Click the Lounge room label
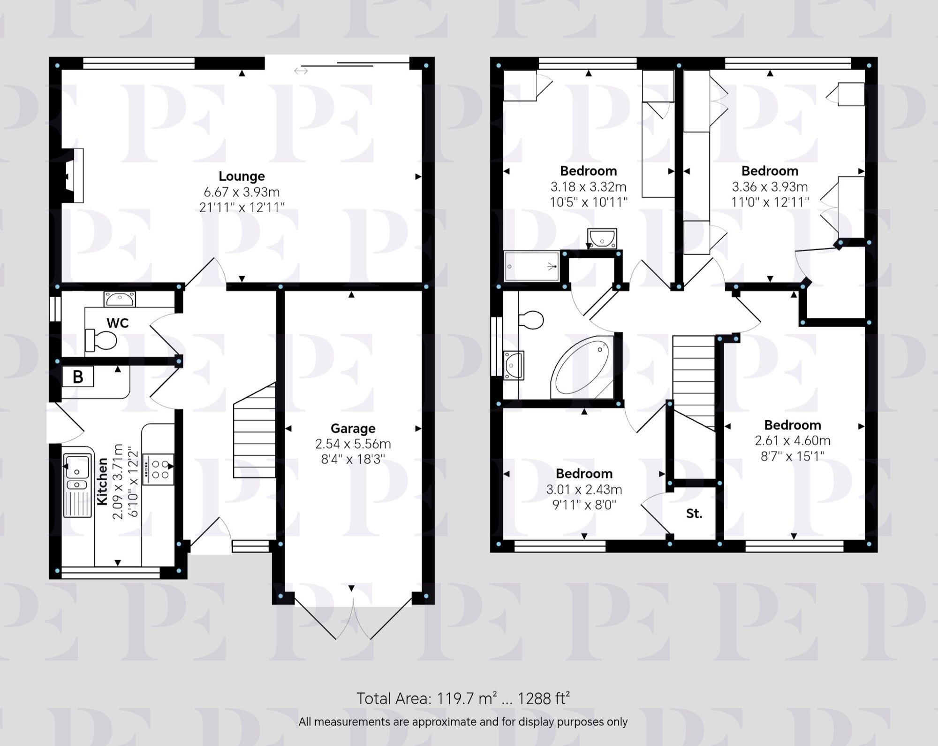click(242, 176)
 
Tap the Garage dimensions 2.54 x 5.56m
click(353, 444)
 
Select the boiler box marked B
click(78, 377)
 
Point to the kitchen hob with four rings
click(159, 469)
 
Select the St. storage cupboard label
click(694, 514)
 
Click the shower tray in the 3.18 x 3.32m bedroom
click(532, 266)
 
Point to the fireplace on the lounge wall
click(72, 176)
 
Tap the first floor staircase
click(694, 380)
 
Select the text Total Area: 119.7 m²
click(426, 698)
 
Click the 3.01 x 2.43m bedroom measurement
click(584, 490)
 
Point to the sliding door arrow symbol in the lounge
click(301, 71)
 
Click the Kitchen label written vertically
click(102, 482)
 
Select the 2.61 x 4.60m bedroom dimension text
click(793, 441)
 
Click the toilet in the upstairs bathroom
click(531, 320)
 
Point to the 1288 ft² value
click(543, 698)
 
